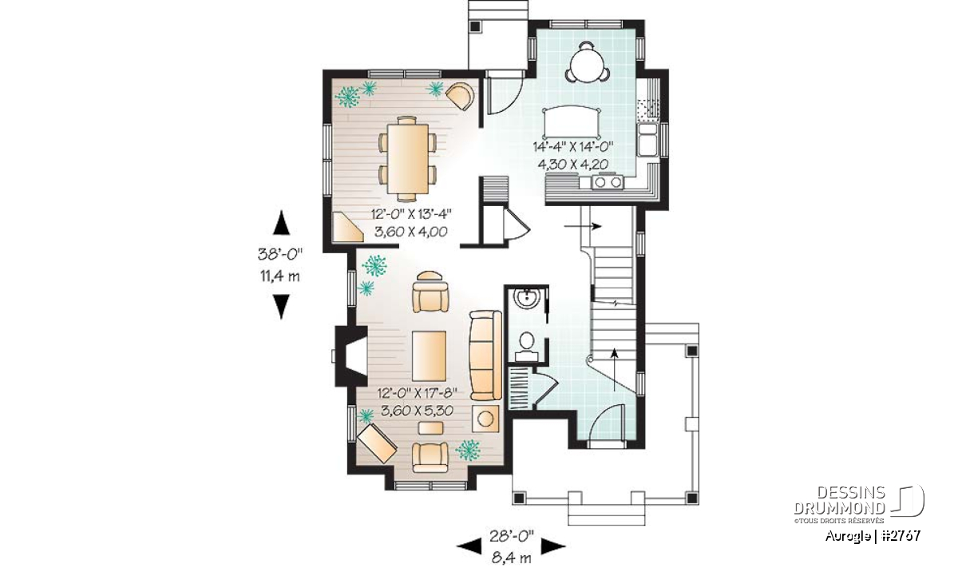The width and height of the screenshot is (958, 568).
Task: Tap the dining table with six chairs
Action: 408,158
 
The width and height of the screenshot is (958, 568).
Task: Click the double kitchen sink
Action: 647,140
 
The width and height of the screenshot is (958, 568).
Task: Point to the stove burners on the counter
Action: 608,182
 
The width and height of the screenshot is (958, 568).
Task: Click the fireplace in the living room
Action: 351,356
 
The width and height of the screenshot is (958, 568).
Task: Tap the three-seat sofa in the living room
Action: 485,356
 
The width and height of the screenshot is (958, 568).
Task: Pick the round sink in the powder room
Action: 526,298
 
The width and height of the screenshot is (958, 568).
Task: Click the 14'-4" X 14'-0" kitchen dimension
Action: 573,146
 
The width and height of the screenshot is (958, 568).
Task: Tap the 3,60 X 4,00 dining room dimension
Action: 410,232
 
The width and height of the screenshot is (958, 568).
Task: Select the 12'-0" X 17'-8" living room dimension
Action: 418,392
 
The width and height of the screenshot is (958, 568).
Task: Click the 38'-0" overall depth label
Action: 280,254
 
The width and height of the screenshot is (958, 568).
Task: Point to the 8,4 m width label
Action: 511,558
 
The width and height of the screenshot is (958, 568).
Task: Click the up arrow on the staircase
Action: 615,370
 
